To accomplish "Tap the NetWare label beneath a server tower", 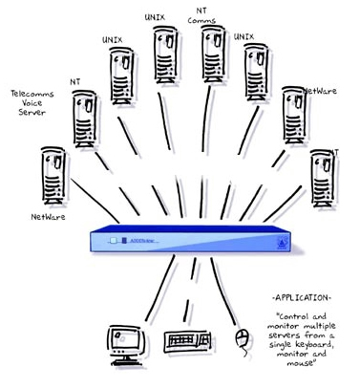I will coord(46,216).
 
